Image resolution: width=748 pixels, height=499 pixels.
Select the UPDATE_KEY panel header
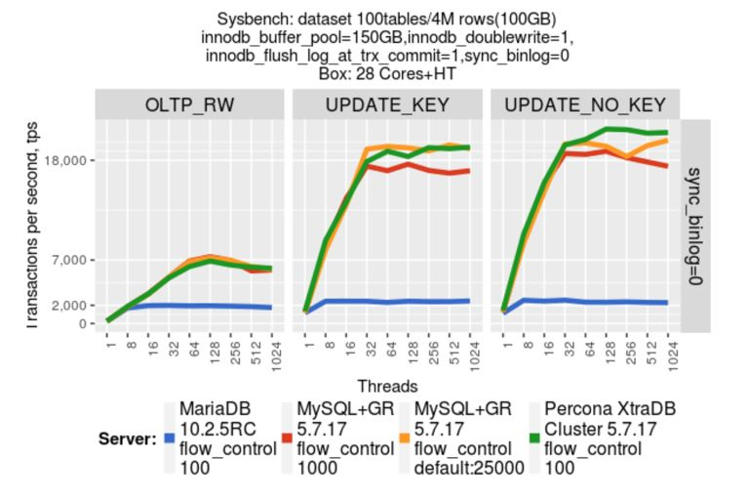388,104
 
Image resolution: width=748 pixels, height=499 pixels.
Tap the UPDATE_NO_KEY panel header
586,104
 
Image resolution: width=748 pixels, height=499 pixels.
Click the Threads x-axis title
387,386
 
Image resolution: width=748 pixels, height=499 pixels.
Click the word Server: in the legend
128,438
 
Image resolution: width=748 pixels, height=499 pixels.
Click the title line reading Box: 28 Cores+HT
387,73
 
